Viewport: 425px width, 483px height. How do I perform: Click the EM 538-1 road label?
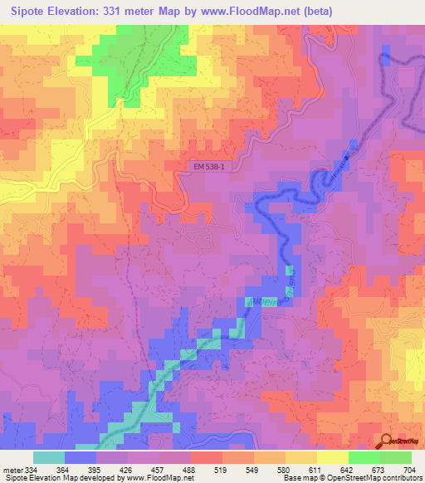(x=209, y=167)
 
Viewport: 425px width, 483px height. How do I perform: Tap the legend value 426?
(x=127, y=469)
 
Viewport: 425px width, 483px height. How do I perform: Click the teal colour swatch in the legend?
(x=49, y=457)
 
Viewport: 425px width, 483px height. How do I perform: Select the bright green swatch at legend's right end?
(x=396, y=457)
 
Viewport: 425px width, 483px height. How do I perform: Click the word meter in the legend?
(x=12, y=469)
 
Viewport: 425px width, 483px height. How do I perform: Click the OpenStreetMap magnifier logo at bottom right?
(x=385, y=440)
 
